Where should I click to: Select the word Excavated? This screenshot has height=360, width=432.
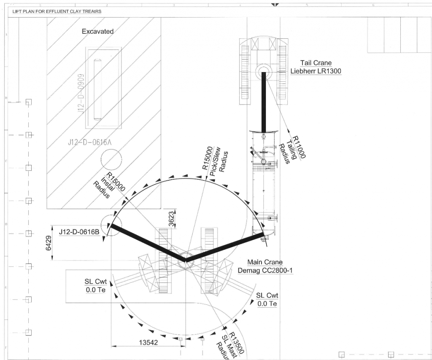coord(97,32)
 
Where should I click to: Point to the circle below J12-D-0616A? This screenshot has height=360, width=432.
coord(111,161)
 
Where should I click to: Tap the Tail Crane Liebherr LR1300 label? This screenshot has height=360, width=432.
coord(316,67)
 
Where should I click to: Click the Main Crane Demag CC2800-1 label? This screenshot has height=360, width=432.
coord(265,266)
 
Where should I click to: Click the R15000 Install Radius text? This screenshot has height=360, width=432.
coord(109,185)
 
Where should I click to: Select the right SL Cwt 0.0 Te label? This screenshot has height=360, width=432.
coord(267,299)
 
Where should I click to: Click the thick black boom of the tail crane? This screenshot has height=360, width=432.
coord(264,101)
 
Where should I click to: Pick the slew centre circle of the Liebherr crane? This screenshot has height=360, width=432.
coord(264,70)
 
